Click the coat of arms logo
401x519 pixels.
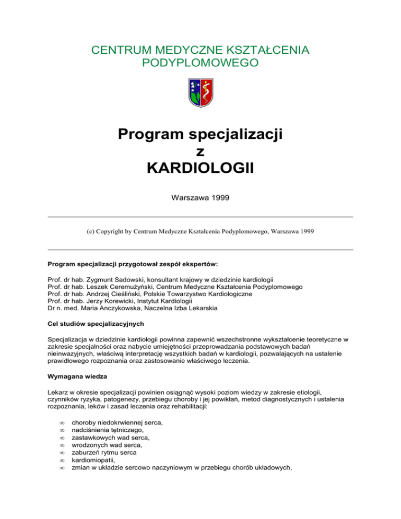200,92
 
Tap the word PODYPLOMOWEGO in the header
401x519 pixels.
200,64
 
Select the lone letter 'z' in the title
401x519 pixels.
200,152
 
